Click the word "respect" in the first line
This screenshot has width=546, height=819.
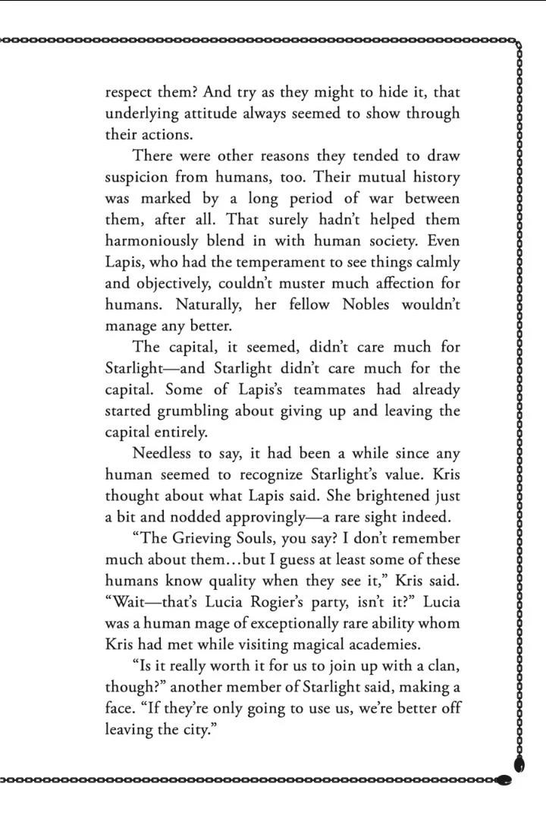130,93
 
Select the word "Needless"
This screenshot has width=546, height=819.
164,453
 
